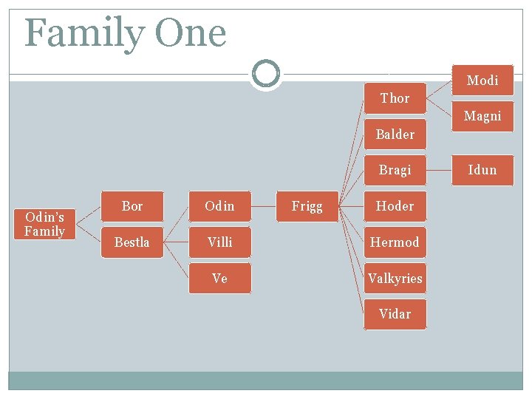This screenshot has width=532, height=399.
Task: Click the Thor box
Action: coord(395,98)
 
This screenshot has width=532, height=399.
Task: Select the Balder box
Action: coord(395,134)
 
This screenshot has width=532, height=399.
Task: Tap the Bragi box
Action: coord(395,170)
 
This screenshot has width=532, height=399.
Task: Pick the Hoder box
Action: coord(395,206)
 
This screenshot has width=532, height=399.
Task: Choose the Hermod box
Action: coord(395,242)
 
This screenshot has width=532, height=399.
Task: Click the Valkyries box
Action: coord(395,279)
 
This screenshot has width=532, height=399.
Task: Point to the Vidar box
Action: coord(395,314)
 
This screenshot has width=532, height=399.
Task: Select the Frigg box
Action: coord(307,206)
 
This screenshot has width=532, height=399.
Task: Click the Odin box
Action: coord(219,206)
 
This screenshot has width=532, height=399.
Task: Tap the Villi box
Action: coord(219,242)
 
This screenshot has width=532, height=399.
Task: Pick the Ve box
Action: coord(219,279)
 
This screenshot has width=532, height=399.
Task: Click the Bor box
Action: coord(132,206)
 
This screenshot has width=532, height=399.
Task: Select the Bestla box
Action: coord(132,242)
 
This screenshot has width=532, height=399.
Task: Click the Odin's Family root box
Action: coord(44,224)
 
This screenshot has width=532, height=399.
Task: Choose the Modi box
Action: coord(482,81)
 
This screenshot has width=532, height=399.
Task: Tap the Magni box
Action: coord(482,116)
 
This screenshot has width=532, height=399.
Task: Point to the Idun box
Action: coord(482,170)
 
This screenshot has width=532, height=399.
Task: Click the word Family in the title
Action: coord(85,34)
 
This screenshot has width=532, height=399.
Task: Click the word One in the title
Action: coord(190,34)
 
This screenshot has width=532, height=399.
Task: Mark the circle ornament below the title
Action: coord(265,73)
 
